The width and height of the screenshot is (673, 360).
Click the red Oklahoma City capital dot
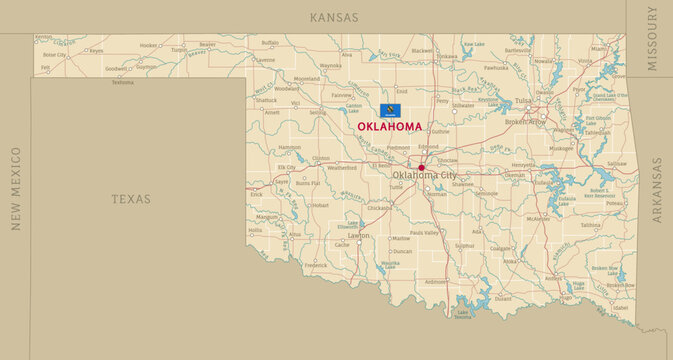point(421,168)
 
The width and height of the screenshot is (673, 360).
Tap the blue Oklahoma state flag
point(388,110)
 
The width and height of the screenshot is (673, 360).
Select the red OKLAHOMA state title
point(389,127)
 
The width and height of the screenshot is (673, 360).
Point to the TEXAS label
point(131,199)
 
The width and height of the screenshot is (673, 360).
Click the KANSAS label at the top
point(335,17)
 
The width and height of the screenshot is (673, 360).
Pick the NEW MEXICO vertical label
point(16,188)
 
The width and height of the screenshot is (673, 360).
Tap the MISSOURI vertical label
point(652,38)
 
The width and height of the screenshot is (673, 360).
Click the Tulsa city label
point(524,101)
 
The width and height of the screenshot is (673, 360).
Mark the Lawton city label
point(358,236)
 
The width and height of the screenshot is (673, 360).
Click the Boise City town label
point(55,55)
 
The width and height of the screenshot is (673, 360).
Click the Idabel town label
point(622,307)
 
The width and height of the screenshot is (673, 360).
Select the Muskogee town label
point(561,148)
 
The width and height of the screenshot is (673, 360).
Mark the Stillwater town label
point(463,104)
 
